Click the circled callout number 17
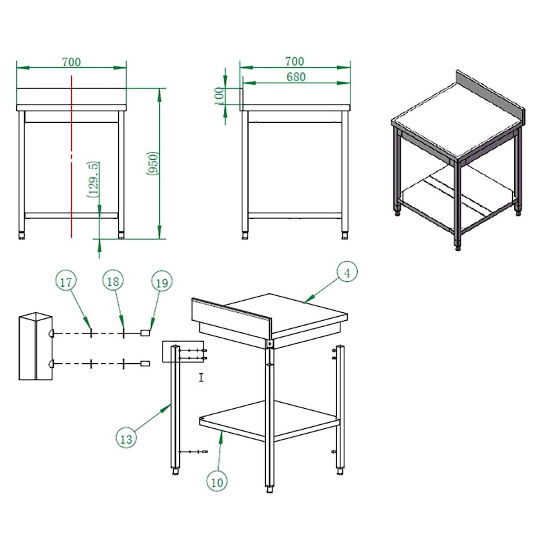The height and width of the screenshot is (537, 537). [x=66, y=281]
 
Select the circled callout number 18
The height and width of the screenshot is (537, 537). [x=113, y=281]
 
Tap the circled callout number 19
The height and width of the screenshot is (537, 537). [x=162, y=283]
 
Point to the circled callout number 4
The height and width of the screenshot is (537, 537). [x=347, y=273]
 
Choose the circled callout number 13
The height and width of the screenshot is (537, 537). [x=126, y=438]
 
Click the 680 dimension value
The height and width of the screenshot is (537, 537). [x=296, y=77]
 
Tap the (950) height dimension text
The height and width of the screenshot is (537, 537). [x=153, y=163]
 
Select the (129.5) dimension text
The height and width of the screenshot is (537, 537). [x=93, y=179]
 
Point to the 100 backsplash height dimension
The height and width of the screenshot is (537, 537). [x=219, y=96]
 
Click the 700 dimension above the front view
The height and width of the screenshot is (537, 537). [x=72, y=62]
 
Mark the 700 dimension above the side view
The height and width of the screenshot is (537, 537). [x=295, y=61]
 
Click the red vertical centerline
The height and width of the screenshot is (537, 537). [x=72, y=156]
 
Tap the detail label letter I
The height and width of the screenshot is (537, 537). [x=201, y=377]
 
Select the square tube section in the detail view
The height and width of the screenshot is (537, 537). [x=36, y=346]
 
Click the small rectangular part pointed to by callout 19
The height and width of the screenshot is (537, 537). [x=146, y=332]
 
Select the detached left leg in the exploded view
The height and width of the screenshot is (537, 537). [x=175, y=409]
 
